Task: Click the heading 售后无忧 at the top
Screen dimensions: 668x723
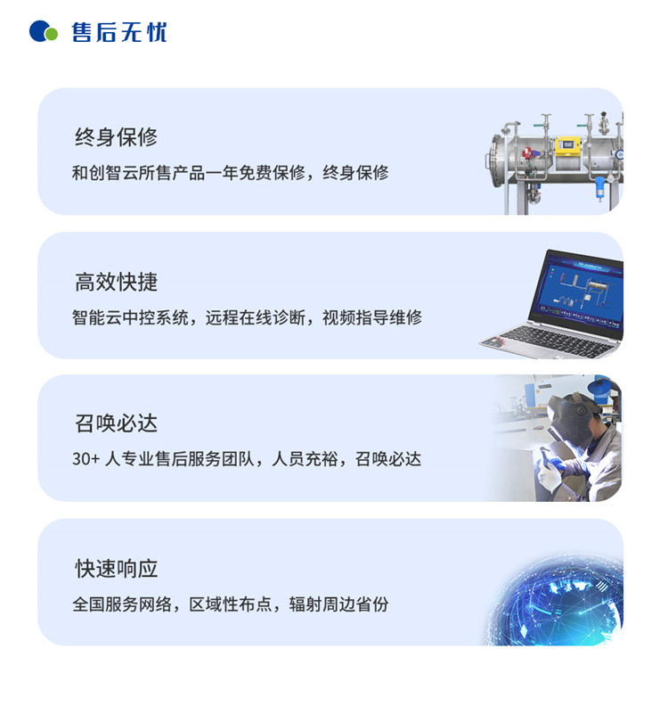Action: (118, 32)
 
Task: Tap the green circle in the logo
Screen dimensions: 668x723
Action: (51, 34)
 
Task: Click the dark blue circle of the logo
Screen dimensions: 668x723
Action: (38, 31)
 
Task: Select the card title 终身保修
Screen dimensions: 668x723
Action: (116, 137)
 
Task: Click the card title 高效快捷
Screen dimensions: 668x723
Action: (116, 282)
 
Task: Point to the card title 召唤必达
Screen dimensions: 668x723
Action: (116, 423)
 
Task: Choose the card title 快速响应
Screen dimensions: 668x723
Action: (116, 569)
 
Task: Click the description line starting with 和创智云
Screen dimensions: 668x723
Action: (230, 173)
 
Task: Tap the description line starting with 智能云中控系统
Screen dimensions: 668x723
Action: (247, 317)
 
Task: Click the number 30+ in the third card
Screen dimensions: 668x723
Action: (86, 459)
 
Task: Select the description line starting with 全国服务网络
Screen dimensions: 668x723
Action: (230, 604)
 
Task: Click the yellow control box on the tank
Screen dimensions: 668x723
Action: (568, 146)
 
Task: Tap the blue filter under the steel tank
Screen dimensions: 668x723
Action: (599, 188)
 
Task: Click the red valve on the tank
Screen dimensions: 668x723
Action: (527, 152)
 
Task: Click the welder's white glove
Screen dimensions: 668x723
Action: (548, 476)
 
